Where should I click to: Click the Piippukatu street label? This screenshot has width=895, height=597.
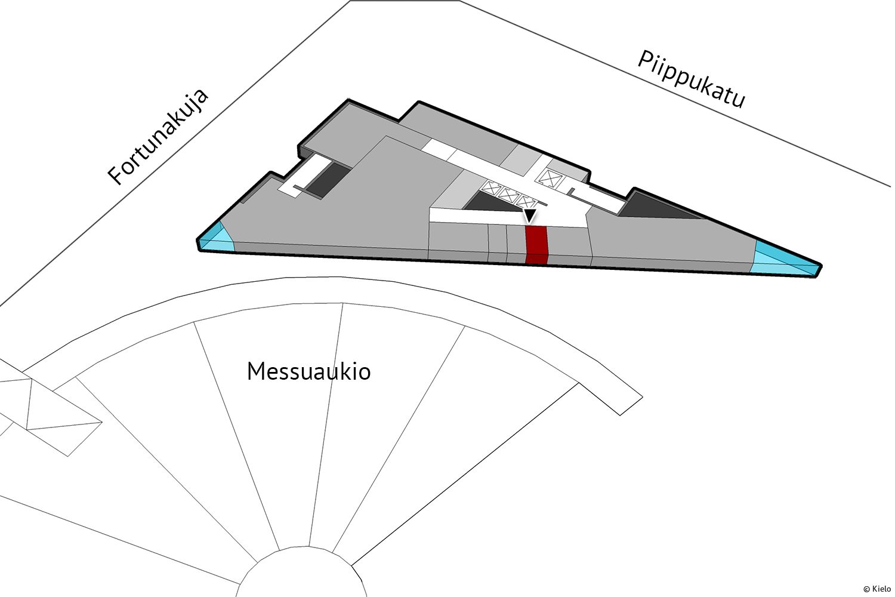coord(692,80)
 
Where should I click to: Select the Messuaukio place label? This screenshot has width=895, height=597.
coord(308,371)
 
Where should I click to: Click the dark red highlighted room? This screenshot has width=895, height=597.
coord(536,245)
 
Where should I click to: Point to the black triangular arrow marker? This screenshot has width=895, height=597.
coord(529,216)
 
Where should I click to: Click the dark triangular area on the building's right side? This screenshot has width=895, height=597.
coord(656,207)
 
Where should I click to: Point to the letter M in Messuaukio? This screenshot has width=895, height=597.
coord(255,371)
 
